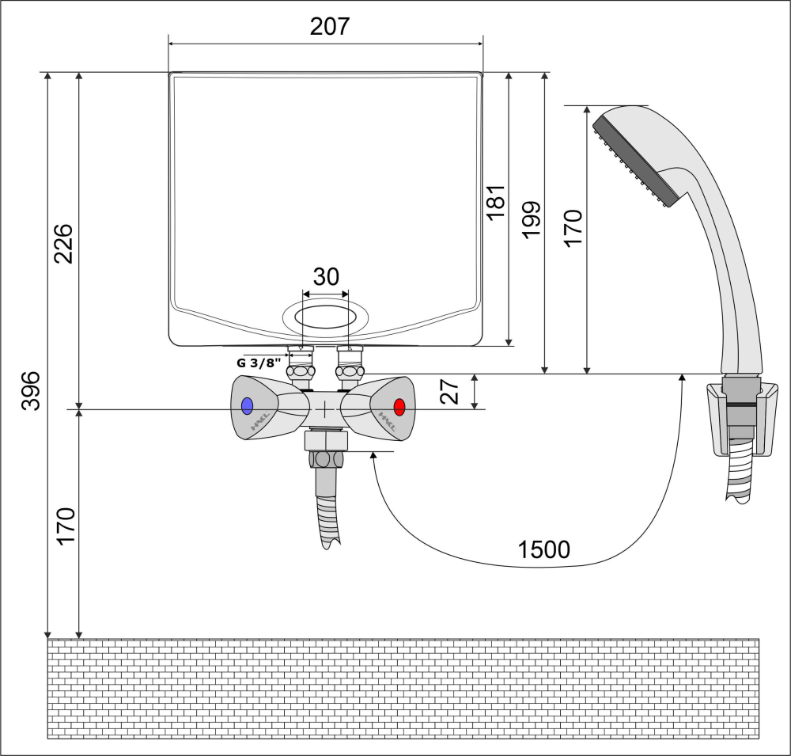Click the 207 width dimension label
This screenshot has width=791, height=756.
[x=329, y=26]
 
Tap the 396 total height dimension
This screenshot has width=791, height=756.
[x=31, y=391]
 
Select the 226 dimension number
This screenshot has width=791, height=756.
[x=64, y=243]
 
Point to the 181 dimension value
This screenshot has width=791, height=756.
[x=496, y=202]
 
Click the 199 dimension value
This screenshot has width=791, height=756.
[x=532, y=220]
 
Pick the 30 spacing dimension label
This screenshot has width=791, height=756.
[x=326, y=277]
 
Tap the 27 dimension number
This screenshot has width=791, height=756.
[x=449, y=391]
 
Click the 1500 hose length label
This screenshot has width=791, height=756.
[x=544, y=549]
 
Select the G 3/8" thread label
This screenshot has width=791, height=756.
[x=259, y=363]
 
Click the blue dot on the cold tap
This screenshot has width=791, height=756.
[x=247, y=406]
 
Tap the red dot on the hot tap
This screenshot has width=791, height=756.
[x=399, y=407]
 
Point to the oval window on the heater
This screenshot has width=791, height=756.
[x=325, y=317]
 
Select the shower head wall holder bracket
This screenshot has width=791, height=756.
[x=742, y=419]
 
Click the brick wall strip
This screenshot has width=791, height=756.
[x=403, y=689]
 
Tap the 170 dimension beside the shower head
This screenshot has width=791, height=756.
[x=573, y=228]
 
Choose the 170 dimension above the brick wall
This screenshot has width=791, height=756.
[x=66, y=526]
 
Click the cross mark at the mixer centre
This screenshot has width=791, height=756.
[x=325, y=409]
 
